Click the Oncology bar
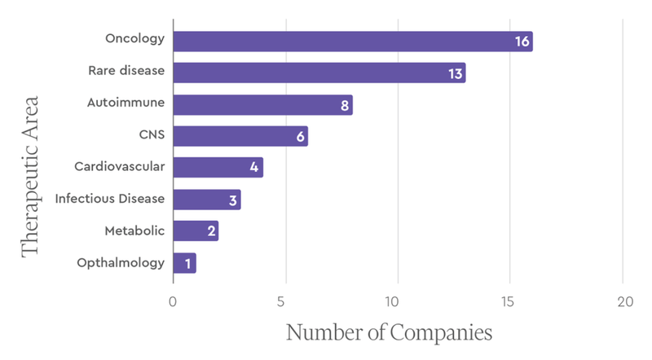(352, 42)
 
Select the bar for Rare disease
(319, 73)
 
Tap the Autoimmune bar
(262, 105)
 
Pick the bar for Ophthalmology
(184, 263)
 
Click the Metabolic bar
(196, 231)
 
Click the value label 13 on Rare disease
(455, 73)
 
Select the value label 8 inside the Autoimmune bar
(345, 105)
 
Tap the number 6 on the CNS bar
(300, 137)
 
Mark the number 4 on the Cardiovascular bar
(255, 168)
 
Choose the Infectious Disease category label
(110, 198)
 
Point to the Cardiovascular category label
(120, 167)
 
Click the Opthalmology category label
(121, 263)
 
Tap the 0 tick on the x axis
(173, 302)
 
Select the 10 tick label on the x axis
(398, 302)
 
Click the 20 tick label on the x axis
(624, 302)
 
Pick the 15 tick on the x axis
(510, 302)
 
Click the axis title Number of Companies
(390, 334)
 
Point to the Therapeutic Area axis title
(31, 178)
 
